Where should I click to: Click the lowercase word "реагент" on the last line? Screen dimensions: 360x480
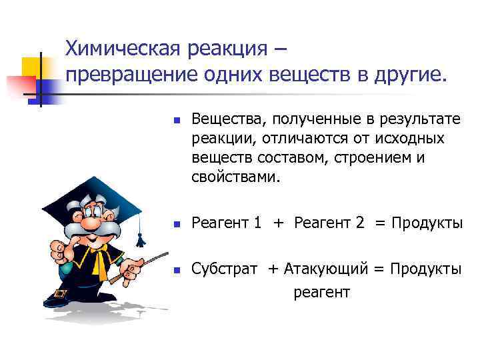[x=322, y=292]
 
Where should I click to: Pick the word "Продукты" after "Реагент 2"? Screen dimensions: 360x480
[x=427, y=223]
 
